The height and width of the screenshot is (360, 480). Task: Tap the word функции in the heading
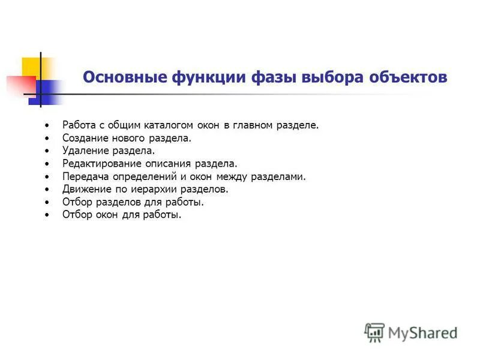point(198,78)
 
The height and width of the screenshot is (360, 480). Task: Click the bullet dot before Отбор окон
point(47,215)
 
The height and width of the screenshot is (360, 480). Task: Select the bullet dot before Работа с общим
point(47,126)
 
